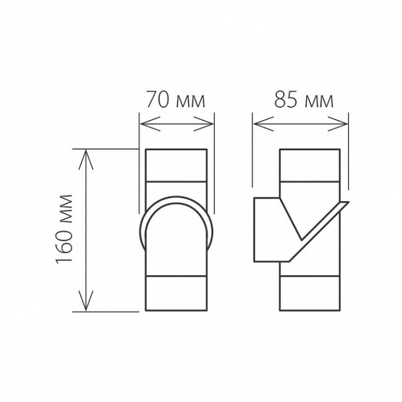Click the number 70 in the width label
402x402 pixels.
point(156,101)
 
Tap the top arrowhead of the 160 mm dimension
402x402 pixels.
point(87,154)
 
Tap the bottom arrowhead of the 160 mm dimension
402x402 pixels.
point(87,306)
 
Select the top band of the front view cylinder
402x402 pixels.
point(175,165)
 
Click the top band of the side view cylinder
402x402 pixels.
point(309,165)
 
